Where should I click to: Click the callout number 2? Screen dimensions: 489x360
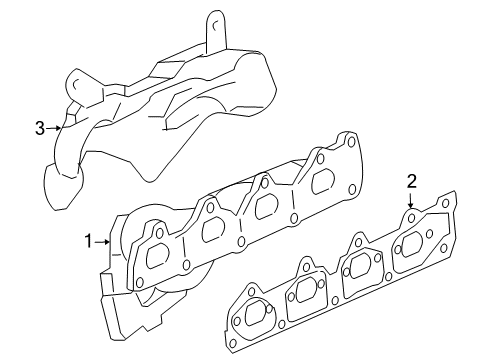[x=410, y=181]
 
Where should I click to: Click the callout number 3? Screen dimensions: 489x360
[x=40, y=127]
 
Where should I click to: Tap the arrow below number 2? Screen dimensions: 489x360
[x=410, y=202]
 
